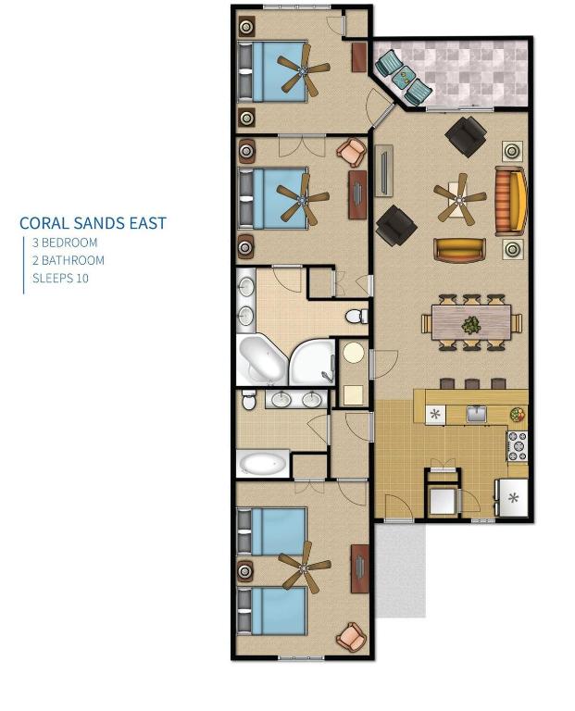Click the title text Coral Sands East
(x=93, y=223)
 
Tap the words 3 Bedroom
(x=65, y=243)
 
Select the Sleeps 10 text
(x=60, y=278)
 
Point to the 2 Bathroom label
(x=69, y=260)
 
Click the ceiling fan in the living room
(x=460, y=199)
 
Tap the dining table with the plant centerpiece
(x=471, y=322)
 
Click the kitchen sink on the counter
(x=476, y=414)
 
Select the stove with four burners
(x=517, y=445)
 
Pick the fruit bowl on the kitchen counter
(x=517, y=414)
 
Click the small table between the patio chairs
(x=403, y=78)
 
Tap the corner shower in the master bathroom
(x=312, y=362)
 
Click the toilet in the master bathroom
(x=356, y=316)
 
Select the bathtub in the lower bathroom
(x=263, y=464)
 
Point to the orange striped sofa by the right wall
(x=511, y=201)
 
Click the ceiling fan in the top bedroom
(x=303, y=70)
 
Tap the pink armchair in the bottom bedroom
(x=351, y=636)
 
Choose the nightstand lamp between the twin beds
(x=245, y=569)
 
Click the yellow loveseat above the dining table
(x=459, y=250)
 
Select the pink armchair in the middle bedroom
(x=352, y=152)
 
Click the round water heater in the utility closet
(x=354, y=352)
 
